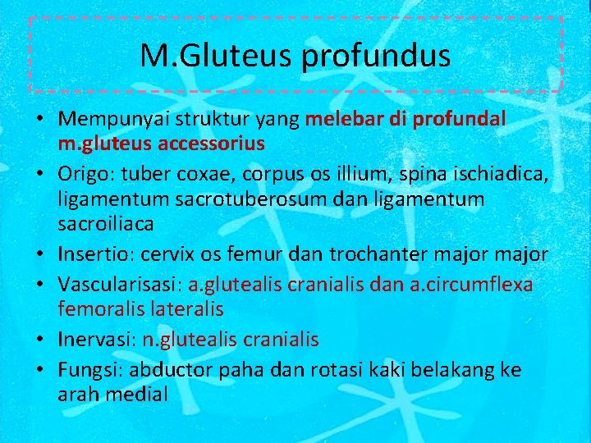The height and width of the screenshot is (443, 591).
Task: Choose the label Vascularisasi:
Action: click(121, 284)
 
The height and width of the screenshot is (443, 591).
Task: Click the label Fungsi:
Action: click(89, 369)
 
